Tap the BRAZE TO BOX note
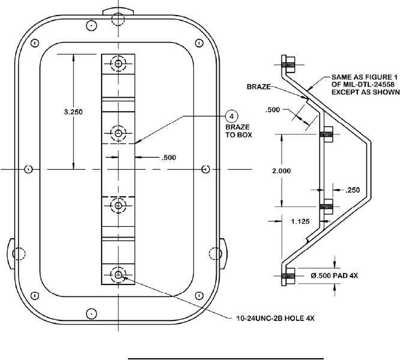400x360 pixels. [x=231, y=132]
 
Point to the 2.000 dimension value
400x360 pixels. [x=281, y=171]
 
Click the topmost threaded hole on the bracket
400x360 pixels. [x=118, y=64]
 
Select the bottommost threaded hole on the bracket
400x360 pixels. [x=118, y=275]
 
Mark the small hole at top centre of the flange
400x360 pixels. [x=91, y=26]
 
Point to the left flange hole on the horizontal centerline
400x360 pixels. [x=28, y=169]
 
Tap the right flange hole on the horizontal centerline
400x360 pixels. [x=205, y=169]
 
